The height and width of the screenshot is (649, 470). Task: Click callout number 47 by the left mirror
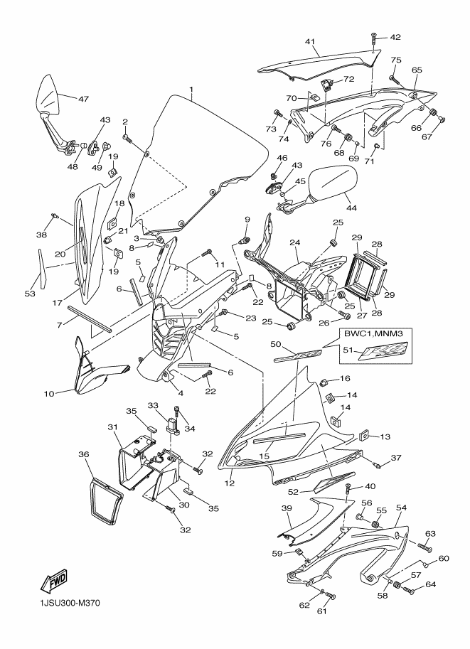point(83,99)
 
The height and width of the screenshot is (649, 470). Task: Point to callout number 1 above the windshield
point(191,90)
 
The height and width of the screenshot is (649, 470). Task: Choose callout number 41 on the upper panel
point(310,42)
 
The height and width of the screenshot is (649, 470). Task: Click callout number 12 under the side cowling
point(230,484)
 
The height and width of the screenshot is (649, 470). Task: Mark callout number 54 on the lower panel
point(401,508)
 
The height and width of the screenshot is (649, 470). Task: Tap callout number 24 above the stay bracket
point(294,242)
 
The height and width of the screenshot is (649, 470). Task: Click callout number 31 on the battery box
point(112,427)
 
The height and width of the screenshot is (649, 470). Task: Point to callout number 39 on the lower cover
point(287,508)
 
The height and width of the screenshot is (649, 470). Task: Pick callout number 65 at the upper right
point(417,70)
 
